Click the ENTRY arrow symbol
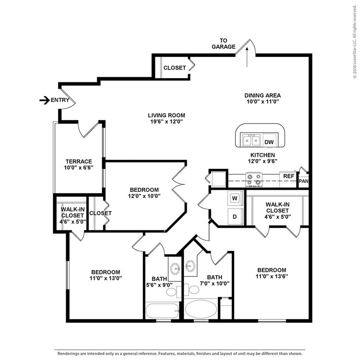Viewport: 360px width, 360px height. [x=44, y=100]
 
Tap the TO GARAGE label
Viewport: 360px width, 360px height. [x=224, y=44]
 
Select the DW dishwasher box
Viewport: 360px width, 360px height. [x=269, y=142]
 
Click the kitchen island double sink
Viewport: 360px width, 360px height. [x=251, y=140]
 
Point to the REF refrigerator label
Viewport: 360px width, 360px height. [x=289, y=176]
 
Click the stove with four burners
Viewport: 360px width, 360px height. [x=254, y=180]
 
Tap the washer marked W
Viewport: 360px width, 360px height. [x=235, y=198]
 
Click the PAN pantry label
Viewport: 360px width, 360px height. [x=303, y=181]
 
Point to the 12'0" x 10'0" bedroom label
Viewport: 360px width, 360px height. [x=145, y=193]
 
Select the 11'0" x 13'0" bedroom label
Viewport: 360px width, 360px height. [x=105, y=275]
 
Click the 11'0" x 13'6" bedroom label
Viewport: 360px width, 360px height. [x=271, y=273]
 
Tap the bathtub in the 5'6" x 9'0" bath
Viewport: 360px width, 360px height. [x=162, y=310]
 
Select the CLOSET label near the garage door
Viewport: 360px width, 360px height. [x=174, y=68]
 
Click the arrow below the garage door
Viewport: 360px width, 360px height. [x=247, y=58]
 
